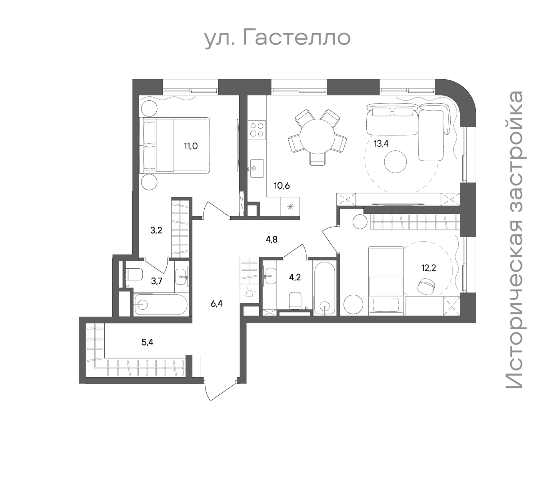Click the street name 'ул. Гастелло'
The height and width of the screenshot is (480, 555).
click(x=277, y=38)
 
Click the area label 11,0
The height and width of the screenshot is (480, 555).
click(x=191, y=146)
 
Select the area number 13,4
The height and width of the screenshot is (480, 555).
click(x=381, y=144)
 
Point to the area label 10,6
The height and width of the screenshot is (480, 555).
click(x=282, y=185)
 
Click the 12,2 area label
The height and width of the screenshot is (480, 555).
click(x=429, y=268)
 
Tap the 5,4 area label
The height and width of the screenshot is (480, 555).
click(x=148, y=342)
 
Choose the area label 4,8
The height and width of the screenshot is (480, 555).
click(x=272, y=239)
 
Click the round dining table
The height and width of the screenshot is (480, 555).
click(x=317, y=136)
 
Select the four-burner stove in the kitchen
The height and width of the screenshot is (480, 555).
click(x=257, y=130)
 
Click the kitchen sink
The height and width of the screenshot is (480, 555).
click(x=257, y=168)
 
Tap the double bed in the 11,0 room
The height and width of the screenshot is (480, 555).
click(x=174, y=145)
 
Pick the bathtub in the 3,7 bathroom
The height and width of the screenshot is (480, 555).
click(x=161, y=304)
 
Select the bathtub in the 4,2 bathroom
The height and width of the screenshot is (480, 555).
click(x=325, y=288)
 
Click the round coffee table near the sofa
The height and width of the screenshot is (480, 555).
click(x=395, y=162)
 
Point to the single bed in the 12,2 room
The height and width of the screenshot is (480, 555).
click(x=386, y=281)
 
